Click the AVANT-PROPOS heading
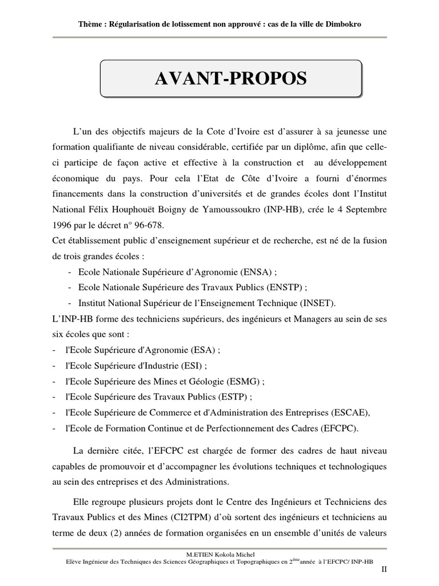pyautogui.click(x=230, y=79)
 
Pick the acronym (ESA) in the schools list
pyautogui.click(x=204, y=350)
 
